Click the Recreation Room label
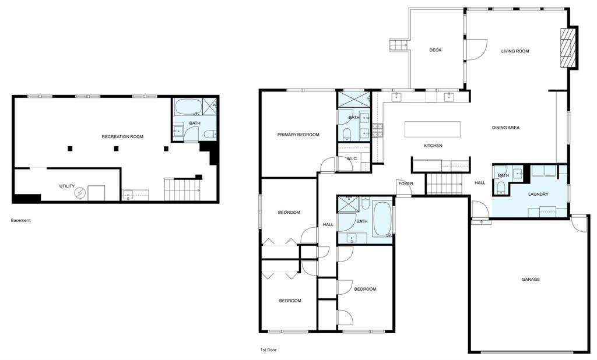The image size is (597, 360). coord(122,137)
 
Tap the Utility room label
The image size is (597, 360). coord(67,186)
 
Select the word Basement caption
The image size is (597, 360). coord(20,220)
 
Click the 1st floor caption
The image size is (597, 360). coord(268,350)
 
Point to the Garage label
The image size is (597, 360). coord(531,280)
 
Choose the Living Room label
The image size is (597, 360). coord(515,51)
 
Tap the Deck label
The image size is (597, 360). coord(435,50)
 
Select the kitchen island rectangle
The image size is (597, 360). coord(432,129)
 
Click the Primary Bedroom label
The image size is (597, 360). coord(298,135)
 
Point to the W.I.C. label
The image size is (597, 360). coord(352,158)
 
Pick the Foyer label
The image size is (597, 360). coord(406,184)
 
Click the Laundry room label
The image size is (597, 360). coord(538,194)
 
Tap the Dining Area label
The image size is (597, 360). coord(505,128)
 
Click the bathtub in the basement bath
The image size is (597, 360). coord(188,107)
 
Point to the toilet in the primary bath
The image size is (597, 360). coord(347,134)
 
